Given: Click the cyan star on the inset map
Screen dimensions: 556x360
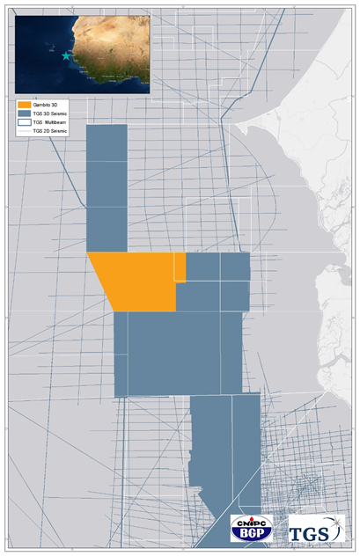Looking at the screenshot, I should tap(66, 55).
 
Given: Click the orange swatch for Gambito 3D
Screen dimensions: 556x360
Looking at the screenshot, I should tap(24, 105).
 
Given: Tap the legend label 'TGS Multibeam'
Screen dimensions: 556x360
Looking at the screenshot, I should tap(49, 122).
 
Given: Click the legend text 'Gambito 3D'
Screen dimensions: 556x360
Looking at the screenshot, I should tap(46, 105).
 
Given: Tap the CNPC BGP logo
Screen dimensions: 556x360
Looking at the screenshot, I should tap(251, 529).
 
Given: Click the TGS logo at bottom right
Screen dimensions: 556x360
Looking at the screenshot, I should tap(316, 529).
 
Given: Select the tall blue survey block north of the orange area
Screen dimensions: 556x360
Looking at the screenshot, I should tap(107, 187).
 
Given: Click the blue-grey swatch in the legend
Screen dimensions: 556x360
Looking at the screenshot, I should tap(24, 113).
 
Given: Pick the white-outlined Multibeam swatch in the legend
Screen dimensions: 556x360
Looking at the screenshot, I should tap(24, 122).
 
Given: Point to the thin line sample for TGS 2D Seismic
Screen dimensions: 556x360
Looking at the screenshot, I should tap(24, 131).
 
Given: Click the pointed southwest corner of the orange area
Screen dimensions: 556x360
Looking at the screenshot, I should tap(115, 310).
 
